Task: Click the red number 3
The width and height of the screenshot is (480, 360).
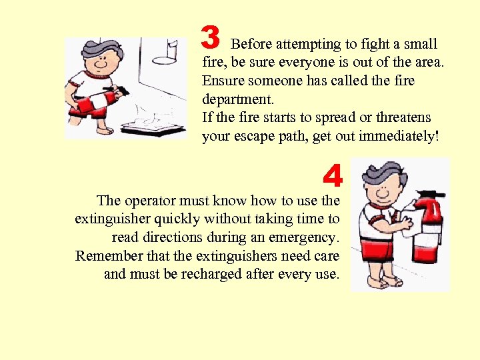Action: pos(210,37)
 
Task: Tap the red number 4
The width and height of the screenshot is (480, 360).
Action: pos(333,175)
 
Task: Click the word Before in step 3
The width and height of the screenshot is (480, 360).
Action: pos(251,45)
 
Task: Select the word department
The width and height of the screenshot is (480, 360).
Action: pos(237,100)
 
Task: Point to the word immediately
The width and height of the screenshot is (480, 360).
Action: pos(399,136)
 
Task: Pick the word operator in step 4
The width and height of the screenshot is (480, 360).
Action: pos(150,201)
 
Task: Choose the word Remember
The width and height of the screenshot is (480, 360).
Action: pos(109,256)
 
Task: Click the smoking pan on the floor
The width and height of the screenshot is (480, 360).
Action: pos(154,128)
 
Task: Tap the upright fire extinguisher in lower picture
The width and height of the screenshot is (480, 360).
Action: pos(427,226)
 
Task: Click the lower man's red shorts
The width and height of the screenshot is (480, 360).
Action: pos(376,251)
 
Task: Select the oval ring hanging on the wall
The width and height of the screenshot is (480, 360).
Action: pos(165,60)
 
